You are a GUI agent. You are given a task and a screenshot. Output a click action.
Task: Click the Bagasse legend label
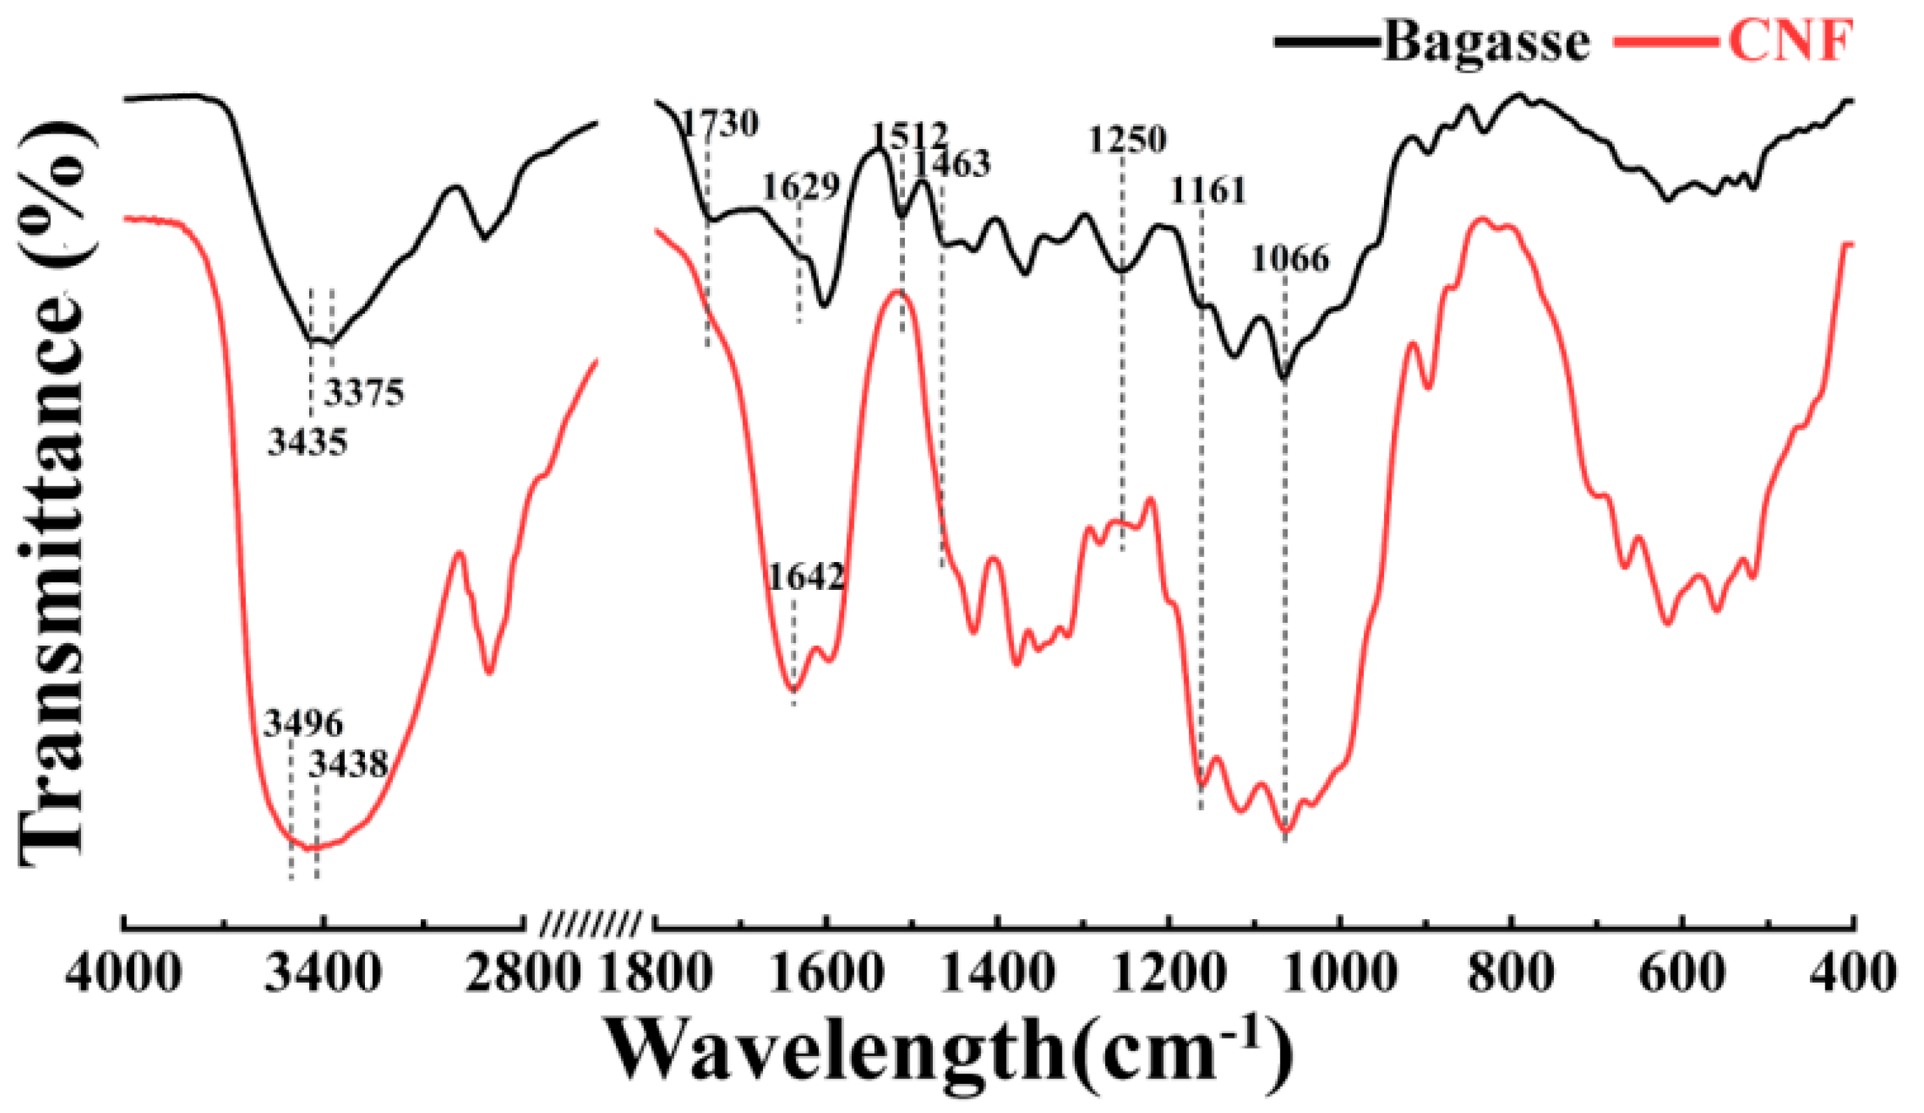click(x=1485, y=42)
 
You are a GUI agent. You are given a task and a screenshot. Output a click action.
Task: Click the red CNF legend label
click(x=1790, y=42)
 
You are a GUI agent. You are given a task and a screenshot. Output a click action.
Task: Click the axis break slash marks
click(x=589, y=924)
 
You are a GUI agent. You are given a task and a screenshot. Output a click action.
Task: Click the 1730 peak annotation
click(x=720, y=124)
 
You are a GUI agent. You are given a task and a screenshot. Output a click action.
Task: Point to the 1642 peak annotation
click(x=806, y=577)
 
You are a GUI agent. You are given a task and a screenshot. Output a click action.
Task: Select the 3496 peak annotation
click(x=303, y=722)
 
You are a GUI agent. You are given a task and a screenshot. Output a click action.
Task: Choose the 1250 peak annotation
click(x=1128, y=141)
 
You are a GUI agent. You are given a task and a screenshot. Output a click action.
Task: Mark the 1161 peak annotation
click(x=1208, y=191)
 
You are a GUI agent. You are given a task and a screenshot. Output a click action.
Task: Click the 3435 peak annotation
click(x=307, y=442)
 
